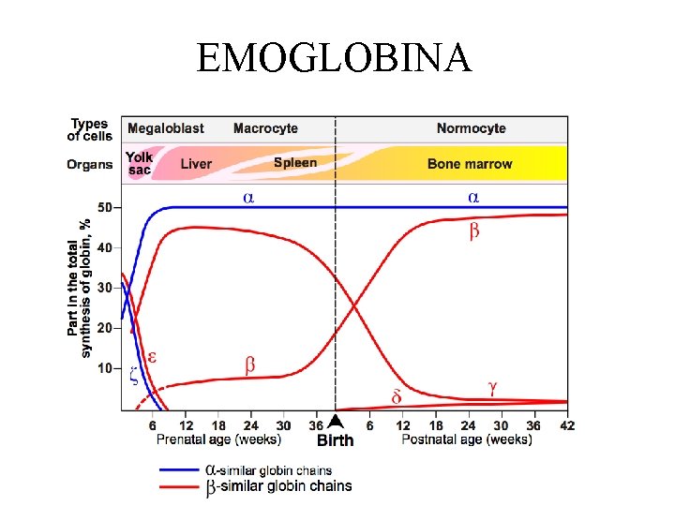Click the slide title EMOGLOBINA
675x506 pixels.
[335, 57]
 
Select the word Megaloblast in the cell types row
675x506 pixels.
[165, 128]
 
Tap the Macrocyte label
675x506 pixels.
[265, 128]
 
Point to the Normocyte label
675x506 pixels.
[471, 128]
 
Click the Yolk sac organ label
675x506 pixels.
[139, 164]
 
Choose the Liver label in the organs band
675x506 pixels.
[195, 164]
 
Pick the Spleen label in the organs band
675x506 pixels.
[294, 163]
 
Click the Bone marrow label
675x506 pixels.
[470, 164]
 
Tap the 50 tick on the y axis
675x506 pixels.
[104, 207]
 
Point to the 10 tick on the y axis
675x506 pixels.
[104, 368]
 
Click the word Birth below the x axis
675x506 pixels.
[335, 440]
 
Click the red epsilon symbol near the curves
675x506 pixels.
[151, 357]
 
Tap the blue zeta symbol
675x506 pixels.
[133, 375]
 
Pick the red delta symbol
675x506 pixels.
[397, 396]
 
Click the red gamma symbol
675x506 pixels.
[493, 385]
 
